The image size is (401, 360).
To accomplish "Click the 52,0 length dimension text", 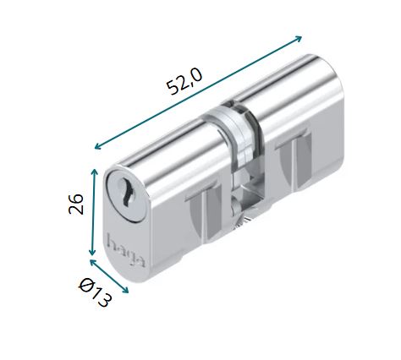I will point(184,83).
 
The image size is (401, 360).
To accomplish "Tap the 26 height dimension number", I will point(77,205).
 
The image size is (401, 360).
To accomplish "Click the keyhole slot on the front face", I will point(125,194).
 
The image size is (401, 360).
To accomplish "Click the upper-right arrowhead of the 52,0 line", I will point(299,39).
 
